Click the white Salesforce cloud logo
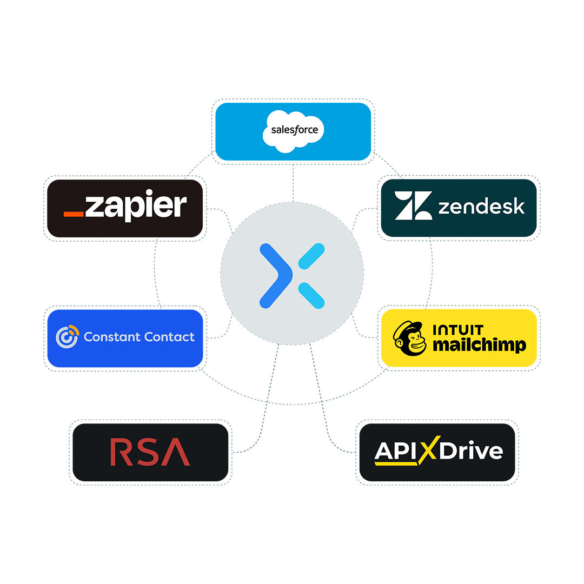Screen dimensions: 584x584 coord(294,130)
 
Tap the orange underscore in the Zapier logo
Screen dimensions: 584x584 coord(74,214)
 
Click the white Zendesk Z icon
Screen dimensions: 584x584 coord(413,206)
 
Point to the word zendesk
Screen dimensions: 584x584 coord(481,207)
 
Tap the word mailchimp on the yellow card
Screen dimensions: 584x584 coord(479,346)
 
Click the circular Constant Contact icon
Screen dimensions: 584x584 coord(67,337)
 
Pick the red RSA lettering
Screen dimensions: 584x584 coord(150,453)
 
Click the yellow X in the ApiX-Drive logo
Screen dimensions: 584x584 coord(428,451)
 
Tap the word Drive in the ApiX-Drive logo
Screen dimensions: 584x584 coord(470,451)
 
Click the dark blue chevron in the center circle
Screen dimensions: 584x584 coord(277,276)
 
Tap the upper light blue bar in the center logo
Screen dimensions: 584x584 coord(311,256)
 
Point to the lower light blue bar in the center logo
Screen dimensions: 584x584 coord(311,295)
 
